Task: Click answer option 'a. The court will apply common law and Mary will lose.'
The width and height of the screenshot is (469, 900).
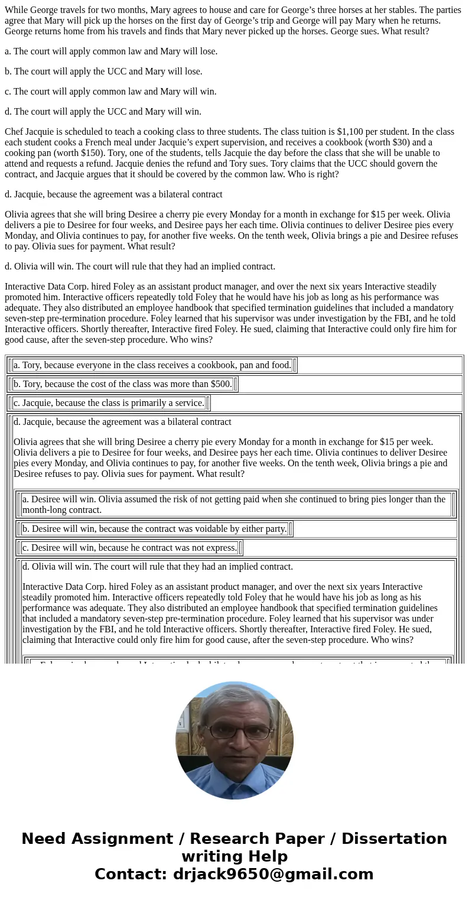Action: click(111, 51)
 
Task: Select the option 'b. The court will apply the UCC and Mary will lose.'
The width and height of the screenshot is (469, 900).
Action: click(103, 72)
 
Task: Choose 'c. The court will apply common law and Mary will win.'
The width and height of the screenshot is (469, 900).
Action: click(110, 92)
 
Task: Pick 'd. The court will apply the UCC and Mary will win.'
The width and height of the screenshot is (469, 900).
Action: click(103, 112)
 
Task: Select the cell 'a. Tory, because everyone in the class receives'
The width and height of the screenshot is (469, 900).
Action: click(152, 365)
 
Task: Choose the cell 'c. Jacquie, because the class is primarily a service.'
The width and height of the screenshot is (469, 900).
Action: click(109, 403)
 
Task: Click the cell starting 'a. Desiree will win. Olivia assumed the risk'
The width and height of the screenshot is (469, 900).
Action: click(234, 505)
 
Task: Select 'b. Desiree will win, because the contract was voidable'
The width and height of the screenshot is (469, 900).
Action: click(155, 529)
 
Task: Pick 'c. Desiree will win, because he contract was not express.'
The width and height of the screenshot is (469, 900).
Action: click(129, 548)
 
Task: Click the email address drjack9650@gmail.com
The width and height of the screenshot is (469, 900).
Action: click(273, 875)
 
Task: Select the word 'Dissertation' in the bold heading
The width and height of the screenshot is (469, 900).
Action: click(394, 839)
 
